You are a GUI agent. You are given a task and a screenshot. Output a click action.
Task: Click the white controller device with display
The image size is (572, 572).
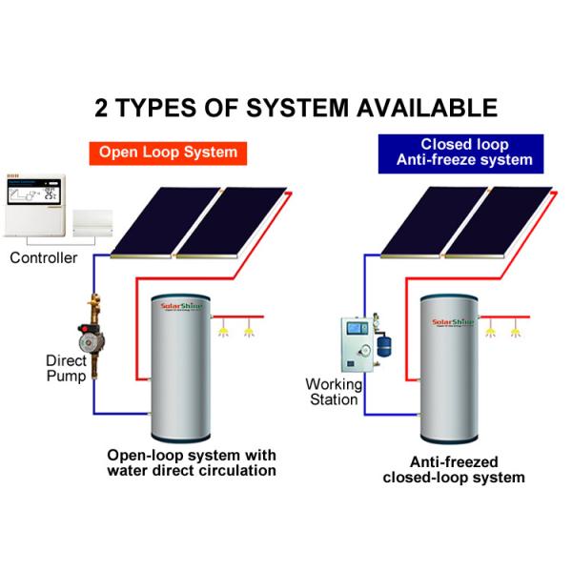pos(35,207)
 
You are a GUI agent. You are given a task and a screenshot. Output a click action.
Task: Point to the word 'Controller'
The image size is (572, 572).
pos(43,258)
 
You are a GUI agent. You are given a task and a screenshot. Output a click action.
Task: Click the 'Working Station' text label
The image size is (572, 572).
pos(331,392)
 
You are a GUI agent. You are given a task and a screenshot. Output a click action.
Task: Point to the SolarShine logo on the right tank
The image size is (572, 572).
pos(455,314)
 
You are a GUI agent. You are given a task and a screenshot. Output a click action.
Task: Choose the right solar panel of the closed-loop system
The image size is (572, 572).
pos(504,221)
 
